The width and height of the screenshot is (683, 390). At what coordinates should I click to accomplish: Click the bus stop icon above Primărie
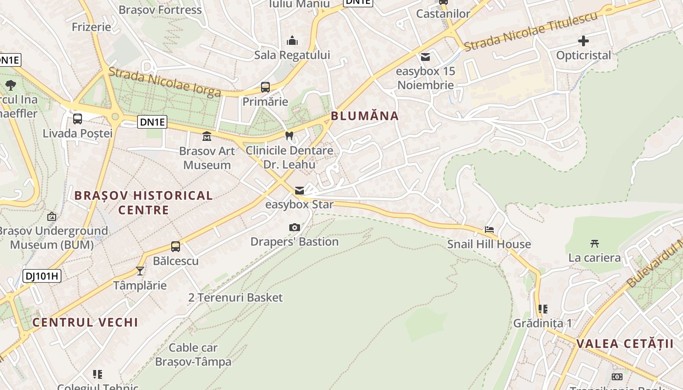click(265, 87)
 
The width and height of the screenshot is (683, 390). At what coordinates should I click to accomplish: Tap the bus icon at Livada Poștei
click(78, 118)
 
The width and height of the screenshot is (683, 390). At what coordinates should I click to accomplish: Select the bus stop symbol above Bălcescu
click(176, 247)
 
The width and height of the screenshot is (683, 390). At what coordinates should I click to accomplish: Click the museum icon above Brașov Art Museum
click(207, 136)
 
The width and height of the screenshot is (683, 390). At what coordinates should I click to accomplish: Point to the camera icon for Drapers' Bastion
click(295, 227)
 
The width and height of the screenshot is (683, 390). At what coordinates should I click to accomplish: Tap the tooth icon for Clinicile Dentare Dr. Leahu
click(289, 136)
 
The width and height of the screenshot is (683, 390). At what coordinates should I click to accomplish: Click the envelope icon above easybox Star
click(300, 190)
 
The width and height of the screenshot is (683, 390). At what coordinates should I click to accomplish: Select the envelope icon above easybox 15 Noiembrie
click(425, 57)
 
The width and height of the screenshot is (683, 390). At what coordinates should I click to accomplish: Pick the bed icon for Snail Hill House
click(489, 230)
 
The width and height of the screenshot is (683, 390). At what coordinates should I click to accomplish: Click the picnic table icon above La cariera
click(594, 243)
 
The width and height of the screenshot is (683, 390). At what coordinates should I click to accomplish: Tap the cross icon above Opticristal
click(583, 41)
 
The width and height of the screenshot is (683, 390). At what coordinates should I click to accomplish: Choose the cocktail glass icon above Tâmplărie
click(140, 271)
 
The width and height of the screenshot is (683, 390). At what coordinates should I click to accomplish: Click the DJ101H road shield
click(41, 276)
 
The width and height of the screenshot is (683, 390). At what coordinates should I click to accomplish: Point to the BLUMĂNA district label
click(365, 116)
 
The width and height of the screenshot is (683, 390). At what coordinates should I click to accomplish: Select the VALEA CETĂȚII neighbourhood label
click(625, 344)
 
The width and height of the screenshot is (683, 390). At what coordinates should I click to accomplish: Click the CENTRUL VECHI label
click(85, 322)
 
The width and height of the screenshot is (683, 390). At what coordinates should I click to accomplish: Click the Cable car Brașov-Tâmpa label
click(193, 355)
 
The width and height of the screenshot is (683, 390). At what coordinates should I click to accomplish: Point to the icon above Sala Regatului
click(292, 40)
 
